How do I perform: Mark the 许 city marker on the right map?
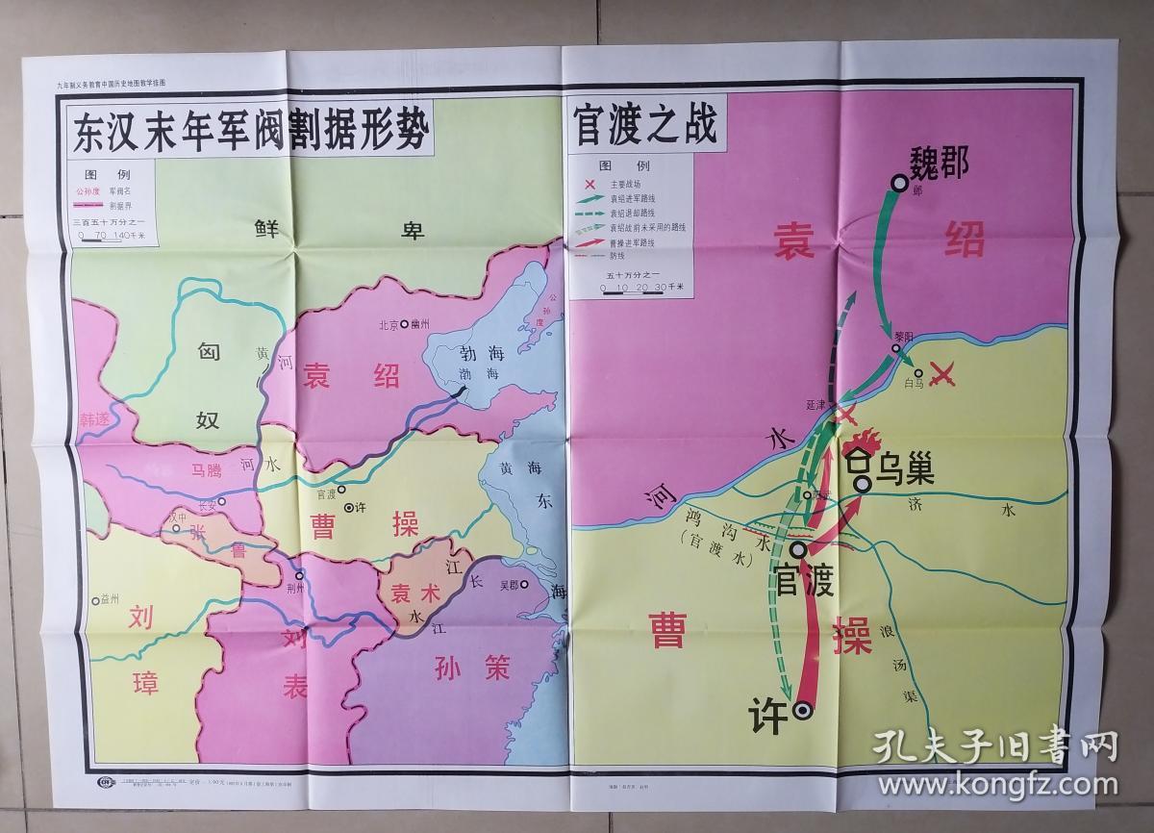(x=802, y=711)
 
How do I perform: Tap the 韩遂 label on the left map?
(x=96, y=420)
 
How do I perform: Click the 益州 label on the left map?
(x=110, y=598)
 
